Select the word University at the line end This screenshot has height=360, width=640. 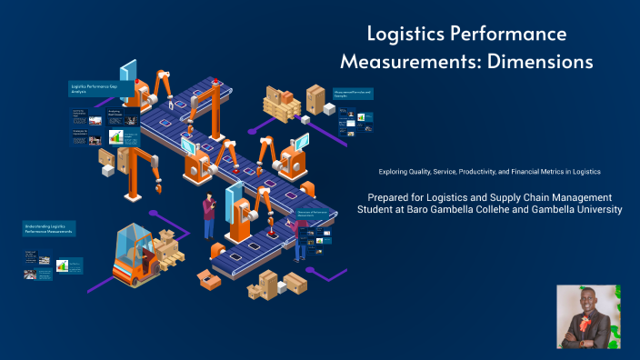pos(595,210)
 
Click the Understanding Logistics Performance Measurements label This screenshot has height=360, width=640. pos(49,227)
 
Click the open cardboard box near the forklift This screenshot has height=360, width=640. pos(210,281)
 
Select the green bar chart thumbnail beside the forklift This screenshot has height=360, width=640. pos(63,265)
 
